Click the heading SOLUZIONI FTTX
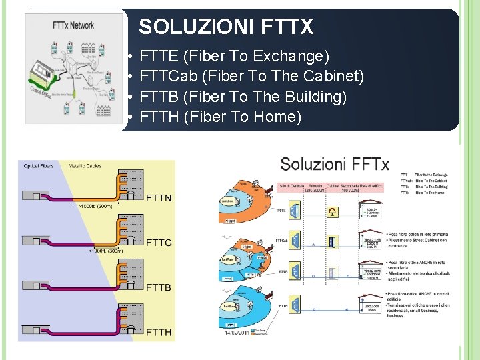click(226, 27)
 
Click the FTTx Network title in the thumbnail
click(73, 26)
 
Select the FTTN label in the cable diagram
click(159, 197)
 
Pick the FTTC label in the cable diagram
click(159, 243)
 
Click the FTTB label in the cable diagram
click(159, 287)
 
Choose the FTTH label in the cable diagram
click(159, 331)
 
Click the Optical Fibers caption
click(39, 166)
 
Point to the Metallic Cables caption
click(85, 166)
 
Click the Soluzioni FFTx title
click(334, 164)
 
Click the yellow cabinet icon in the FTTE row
click(332, 212)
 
